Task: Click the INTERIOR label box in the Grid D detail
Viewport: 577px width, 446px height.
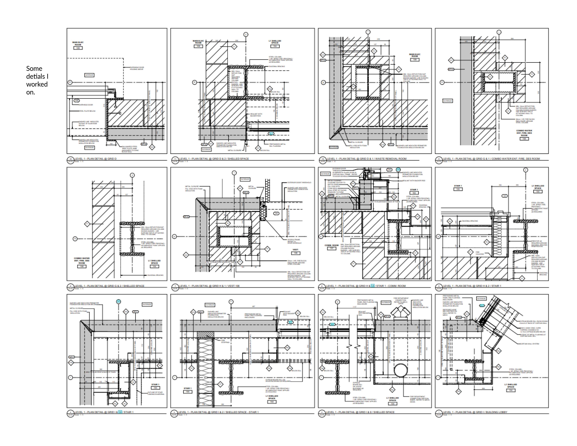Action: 89,75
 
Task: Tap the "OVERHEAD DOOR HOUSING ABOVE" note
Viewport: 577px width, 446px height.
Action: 137,68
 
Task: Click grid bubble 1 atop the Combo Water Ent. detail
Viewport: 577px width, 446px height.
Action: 499,32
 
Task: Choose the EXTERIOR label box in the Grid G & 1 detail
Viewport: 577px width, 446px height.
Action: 447,101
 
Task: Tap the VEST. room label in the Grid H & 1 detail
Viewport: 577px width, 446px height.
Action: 296,250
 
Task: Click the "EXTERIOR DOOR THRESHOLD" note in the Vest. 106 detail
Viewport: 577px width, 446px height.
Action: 299,182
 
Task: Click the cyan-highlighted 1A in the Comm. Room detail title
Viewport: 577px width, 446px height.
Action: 373,286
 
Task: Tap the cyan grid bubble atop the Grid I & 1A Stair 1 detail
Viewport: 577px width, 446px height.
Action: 118,301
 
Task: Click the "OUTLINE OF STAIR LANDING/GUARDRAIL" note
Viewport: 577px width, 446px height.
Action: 156,393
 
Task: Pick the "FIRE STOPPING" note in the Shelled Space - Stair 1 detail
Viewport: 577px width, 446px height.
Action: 225,341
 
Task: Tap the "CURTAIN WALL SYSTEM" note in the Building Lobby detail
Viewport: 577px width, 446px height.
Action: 529,344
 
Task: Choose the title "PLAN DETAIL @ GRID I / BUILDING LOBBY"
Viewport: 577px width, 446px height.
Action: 475,412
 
